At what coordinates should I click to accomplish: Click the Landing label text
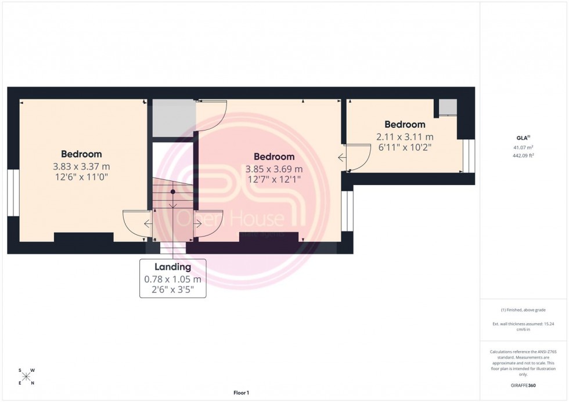point(172,267)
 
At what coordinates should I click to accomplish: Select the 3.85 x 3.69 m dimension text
point(274,169)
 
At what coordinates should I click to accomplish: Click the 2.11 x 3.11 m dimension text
point(405,136)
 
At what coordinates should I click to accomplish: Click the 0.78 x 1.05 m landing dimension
point(172,279)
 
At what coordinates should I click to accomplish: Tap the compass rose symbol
point(27,376)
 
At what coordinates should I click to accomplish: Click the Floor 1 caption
point(240,393)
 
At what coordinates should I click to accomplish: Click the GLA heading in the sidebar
point(522,137)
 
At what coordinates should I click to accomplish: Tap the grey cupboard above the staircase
point(173,118)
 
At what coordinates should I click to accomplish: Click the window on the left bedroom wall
point(13,193)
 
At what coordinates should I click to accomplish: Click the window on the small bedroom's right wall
point(469,155)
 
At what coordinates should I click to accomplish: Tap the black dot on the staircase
point(173,191)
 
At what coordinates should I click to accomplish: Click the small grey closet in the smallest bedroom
point(448,107)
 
